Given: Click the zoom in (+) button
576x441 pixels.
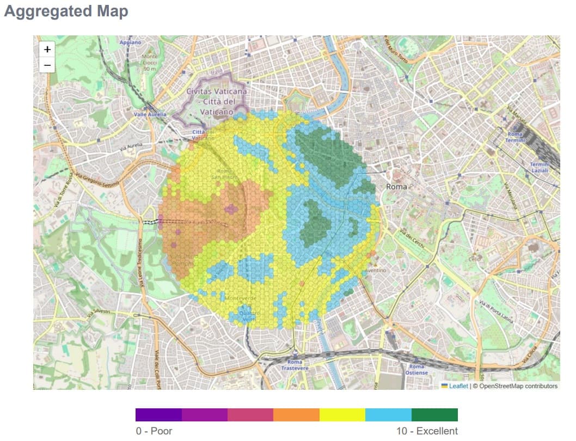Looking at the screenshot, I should (47, 49).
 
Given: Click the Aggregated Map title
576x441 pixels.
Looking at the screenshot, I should (66, 11).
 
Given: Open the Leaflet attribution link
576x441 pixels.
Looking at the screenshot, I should (458, 386).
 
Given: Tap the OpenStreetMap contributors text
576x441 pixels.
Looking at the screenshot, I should (515, 386).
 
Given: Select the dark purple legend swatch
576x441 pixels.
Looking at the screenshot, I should (158, 415).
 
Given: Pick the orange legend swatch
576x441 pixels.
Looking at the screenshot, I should (296, 415).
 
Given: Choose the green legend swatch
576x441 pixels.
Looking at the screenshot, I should (434, 415).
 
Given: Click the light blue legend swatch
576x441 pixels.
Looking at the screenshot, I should (388, 415).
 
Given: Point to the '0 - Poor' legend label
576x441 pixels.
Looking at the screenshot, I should (154, 431).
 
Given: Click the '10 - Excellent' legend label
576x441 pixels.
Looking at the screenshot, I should (427, 431).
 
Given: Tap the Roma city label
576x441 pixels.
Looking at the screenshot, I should (396, 187).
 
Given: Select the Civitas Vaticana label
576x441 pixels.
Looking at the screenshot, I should (217, 101).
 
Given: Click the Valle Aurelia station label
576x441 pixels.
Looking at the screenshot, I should (150, 114).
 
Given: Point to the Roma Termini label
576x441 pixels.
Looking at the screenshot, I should (515, 137).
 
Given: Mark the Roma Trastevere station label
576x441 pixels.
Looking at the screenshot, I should (295, 365).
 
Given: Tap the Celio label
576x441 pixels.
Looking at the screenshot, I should (474, 259).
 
